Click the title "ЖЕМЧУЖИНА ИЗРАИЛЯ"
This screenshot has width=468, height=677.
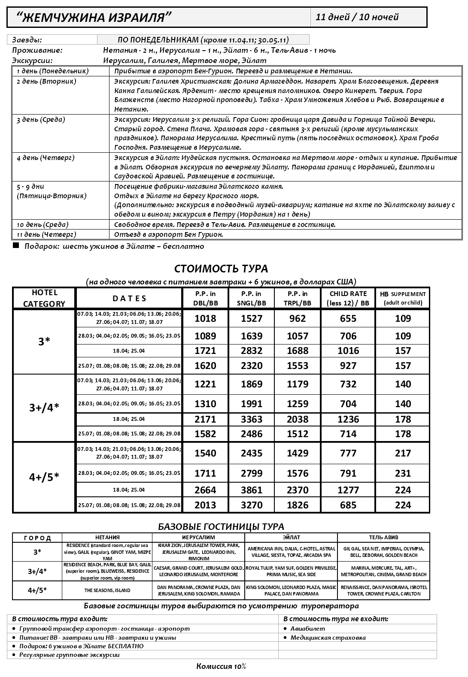94,17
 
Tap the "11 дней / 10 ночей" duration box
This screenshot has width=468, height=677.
357,17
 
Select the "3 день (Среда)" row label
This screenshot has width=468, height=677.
41,120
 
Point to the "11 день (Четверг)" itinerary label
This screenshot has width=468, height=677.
46,234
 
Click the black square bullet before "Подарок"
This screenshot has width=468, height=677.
16,246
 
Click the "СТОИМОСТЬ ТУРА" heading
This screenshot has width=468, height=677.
221,269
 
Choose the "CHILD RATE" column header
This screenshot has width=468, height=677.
348,298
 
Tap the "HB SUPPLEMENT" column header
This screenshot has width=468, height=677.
402,298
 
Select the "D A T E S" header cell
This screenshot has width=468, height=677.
129,298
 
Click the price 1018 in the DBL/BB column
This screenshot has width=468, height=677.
205,318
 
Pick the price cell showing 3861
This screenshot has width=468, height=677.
252,490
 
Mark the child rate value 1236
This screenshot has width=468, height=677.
348,419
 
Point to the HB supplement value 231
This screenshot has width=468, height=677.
403,473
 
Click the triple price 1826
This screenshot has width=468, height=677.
298,505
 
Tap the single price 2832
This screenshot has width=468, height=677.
252,351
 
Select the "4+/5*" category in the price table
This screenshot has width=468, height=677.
44,477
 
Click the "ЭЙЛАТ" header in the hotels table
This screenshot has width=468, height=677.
291,537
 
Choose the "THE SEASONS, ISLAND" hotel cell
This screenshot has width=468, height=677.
107,590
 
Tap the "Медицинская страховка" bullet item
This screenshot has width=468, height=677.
328,638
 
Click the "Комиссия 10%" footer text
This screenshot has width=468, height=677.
221,666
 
